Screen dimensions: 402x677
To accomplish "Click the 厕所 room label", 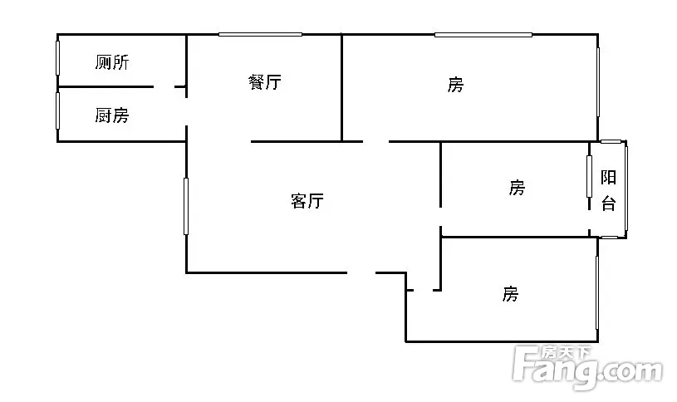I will [111, 62].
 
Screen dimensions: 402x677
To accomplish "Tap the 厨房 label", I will [111, 115].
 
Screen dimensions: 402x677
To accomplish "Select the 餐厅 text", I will [264, 82].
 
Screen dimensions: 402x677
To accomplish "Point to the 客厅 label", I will [307, 200].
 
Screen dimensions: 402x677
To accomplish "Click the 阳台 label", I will [609, 190].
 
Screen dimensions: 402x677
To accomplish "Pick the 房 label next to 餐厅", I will [455, 84].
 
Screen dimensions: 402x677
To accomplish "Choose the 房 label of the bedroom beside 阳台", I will [517, 188].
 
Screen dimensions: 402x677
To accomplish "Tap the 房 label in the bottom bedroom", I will [510, 293].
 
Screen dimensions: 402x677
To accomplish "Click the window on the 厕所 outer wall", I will [58, 60].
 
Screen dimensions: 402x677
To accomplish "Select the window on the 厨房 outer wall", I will [58, 110].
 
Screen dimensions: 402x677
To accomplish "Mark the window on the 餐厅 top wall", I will [260, 34].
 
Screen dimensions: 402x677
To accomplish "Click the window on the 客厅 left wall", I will [186, 205].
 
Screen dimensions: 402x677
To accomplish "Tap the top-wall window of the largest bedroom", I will [483, 34].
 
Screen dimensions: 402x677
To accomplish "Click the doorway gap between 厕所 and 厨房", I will [164, 86].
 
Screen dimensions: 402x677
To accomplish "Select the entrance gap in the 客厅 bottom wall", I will [361, 272].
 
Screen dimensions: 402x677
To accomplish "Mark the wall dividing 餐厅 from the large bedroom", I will [343, 87].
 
